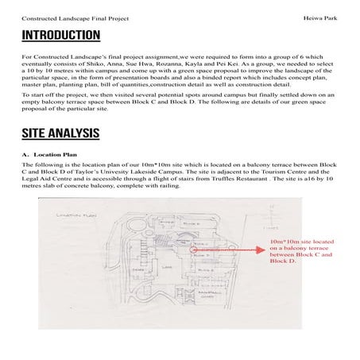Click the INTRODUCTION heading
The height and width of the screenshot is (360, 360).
coord(60,35)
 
